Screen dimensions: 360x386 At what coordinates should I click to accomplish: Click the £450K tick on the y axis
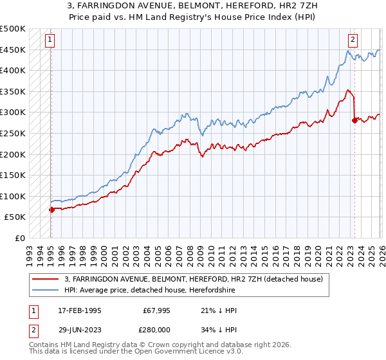pos(13,50)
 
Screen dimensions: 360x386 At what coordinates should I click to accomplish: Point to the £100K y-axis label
pos(13,196)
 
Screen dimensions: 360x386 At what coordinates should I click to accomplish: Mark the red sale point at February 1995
pos(51,209)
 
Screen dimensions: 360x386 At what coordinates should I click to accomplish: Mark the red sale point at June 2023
pos(354,120)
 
